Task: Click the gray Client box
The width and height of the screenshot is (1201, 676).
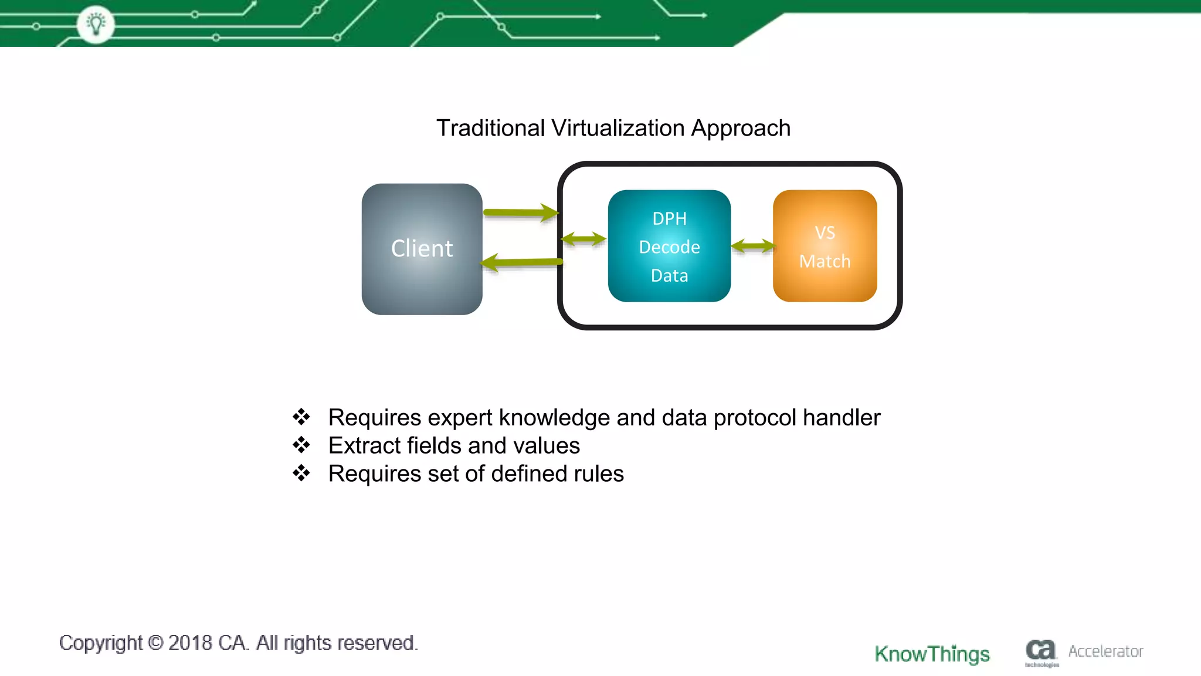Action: click(422, 249)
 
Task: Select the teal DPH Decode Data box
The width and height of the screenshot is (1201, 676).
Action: click(669, 246)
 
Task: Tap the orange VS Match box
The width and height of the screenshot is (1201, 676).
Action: click(825, 246)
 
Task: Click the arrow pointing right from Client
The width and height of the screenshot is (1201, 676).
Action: click(520, 212)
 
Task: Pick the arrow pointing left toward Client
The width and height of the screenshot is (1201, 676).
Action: click(521, 262)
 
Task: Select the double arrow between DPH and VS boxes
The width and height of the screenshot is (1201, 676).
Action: click(753, 246)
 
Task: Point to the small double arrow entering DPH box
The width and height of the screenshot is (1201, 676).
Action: click(583, 239)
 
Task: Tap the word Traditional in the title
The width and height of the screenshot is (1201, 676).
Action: click(490, 128)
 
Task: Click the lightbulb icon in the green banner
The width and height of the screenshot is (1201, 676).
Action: click(96, 24)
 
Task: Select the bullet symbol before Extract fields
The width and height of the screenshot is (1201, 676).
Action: click(301, 445)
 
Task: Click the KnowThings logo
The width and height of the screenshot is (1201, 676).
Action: click(932, 654)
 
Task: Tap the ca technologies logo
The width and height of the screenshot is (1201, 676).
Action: click(1041, 652)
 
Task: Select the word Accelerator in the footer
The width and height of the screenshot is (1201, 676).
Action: click(1105, 651)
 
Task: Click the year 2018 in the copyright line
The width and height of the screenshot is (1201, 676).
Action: click(189, 643)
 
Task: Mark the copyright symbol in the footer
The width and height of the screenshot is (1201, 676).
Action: click(155, 643)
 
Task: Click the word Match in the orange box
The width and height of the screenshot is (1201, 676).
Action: click(825, 261)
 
